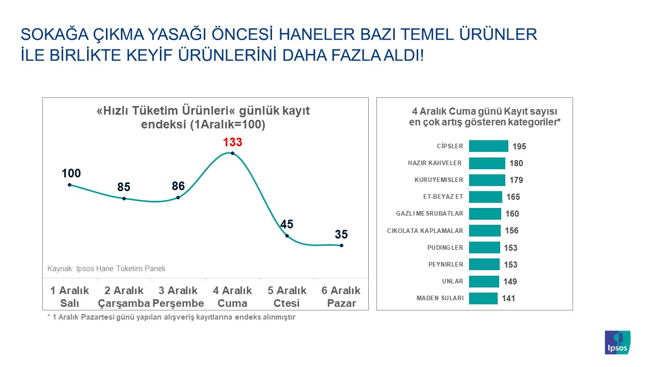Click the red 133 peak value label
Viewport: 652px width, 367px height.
232,142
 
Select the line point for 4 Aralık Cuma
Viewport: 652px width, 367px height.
232,153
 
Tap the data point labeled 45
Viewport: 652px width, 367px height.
287,235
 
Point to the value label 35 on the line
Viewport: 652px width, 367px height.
341,234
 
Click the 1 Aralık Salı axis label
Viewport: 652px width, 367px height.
69,297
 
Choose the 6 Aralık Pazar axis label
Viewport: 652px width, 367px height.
341,297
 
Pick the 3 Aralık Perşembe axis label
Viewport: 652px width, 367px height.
178,297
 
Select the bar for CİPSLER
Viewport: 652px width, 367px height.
488,146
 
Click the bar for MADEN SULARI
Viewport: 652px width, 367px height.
483,298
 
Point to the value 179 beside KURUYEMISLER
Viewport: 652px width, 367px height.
516,180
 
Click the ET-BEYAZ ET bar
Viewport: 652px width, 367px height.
485,197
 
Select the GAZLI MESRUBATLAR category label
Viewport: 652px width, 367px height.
429,214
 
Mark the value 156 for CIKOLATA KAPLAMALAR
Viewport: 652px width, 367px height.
511,231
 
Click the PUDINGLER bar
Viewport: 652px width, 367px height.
484,248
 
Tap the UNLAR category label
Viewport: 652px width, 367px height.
452,281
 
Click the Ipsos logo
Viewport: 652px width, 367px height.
617,343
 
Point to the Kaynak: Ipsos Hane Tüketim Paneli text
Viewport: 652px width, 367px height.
106,269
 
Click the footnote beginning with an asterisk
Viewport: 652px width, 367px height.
171,317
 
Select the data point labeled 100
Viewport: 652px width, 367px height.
69,185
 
